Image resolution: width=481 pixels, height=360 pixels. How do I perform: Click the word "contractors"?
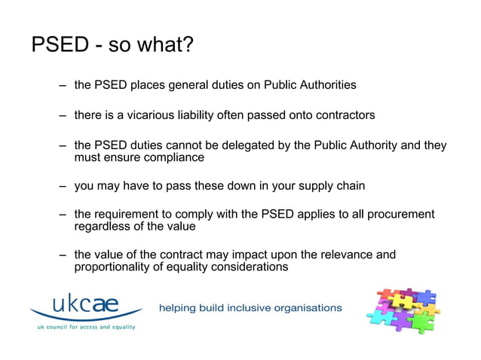click(x=340, y=115)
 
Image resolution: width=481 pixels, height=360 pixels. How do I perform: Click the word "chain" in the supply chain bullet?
click(x=349, y=186)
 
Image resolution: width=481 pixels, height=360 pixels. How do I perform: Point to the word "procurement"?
click(x=400, y=215)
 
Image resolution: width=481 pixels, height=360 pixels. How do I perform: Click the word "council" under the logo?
click(x=61, y=327)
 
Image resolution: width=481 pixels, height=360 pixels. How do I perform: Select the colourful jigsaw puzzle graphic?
click(x=403, y=310)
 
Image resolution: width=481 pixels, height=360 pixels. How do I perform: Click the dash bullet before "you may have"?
click(x=63, y=186)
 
